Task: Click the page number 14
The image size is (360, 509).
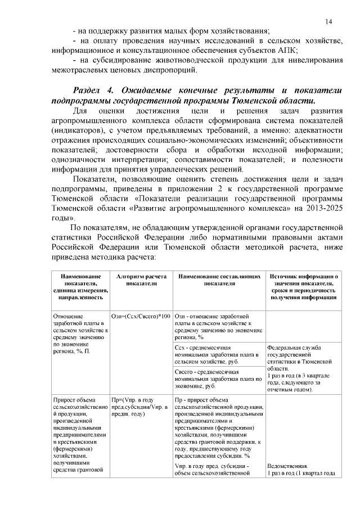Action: pyautogui.click(x=328, y=21)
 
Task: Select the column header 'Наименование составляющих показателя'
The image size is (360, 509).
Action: pyautogui.click(x=218, y=281)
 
